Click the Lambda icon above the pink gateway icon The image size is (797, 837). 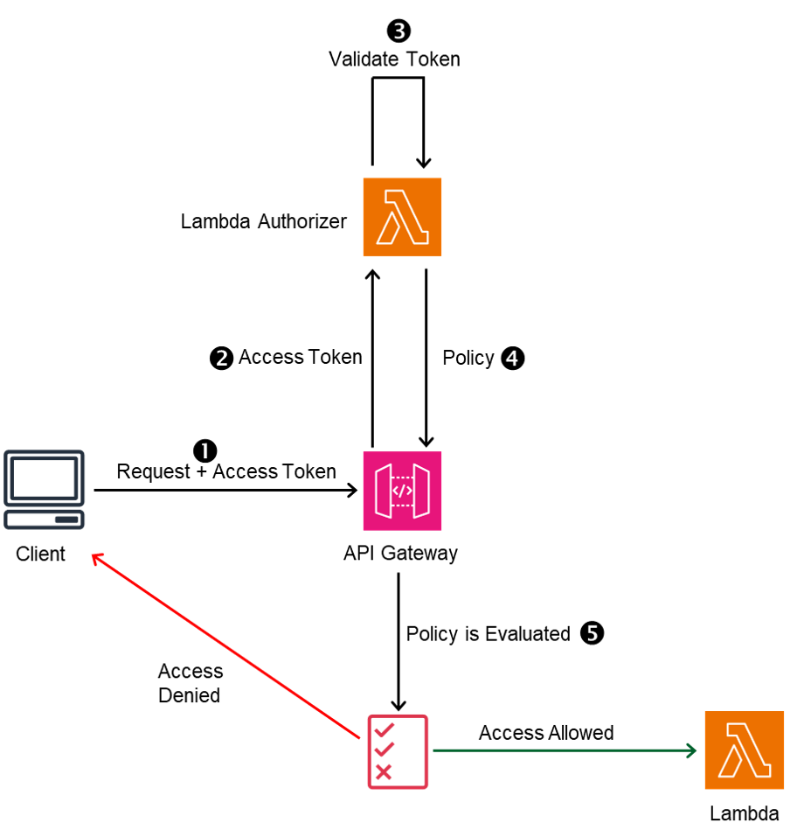click(402, 217)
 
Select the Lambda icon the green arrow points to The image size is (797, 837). click(744, 750)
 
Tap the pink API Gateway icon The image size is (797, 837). click(402, 491)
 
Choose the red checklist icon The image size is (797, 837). click(398, 751)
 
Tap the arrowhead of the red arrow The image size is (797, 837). click(94, 555)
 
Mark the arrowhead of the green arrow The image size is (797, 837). click(693, 750)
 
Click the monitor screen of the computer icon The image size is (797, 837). click(44, 478)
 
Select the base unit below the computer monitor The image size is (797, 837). click(44, 520)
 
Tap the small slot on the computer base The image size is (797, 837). click(66, 520)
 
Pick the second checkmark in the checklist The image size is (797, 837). click(384, 750)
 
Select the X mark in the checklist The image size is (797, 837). click(383, 771)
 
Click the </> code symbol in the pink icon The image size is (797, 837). click(402, 491)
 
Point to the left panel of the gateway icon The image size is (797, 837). click(383, 491)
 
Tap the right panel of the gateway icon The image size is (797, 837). click(421, 491)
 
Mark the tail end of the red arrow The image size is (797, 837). click(358, 737)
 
